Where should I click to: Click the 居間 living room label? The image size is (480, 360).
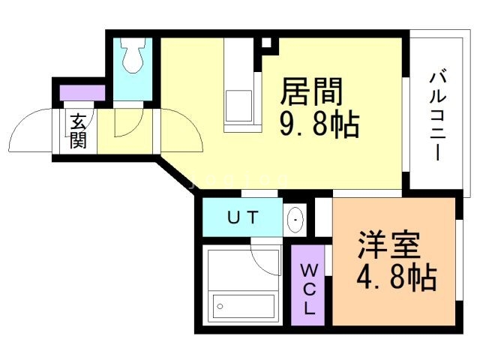tap(311, 91)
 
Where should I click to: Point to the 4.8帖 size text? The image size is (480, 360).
tap(396, 279)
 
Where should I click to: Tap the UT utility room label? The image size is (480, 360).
tap(243, 218)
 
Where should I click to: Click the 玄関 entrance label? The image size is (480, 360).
tap(77, 131)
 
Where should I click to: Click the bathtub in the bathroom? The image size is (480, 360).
tap(243, 304)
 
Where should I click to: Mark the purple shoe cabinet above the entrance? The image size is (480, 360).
tap(82, 94)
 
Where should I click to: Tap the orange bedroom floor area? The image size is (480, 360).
tap(394, 300)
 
